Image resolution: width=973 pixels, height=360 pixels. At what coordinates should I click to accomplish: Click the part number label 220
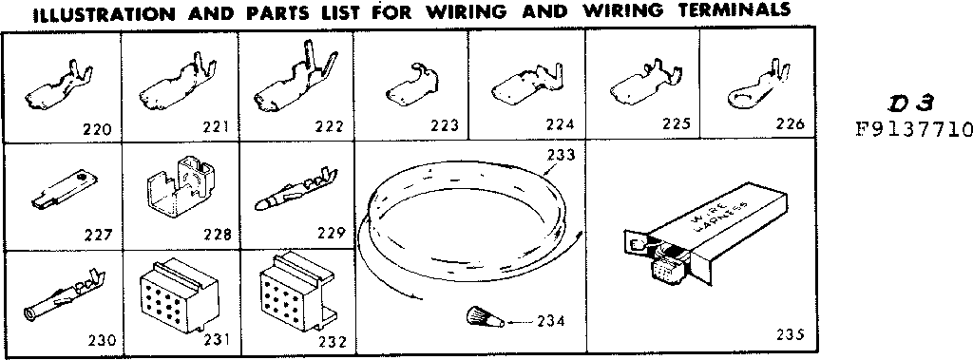(x=98, y=129)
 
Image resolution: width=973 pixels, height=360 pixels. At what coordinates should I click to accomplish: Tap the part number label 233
(x=561, y=153)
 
